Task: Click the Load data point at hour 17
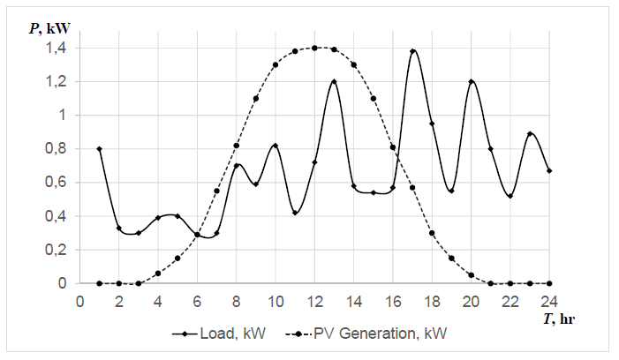click(x=412, y=51)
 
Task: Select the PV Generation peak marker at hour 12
click(x=314, y=48)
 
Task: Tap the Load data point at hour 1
click(x=99, y=149)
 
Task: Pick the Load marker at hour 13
click(x=334, y=82)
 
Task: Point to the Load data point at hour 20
click(x=472, y=82)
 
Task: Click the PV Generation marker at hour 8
click(x=236, y=146)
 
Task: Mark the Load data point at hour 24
click(x=549, y=170)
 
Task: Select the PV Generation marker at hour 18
click(x=432, y=233)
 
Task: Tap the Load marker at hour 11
click(x=295, y=213)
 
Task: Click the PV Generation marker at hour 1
click(x=99, y=283)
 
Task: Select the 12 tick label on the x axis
click(x=314, y=300)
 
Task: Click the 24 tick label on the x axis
click(x=549, y=300)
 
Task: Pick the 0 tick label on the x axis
click(x=79, y=300)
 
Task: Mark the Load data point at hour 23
click(x=530, y=134)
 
